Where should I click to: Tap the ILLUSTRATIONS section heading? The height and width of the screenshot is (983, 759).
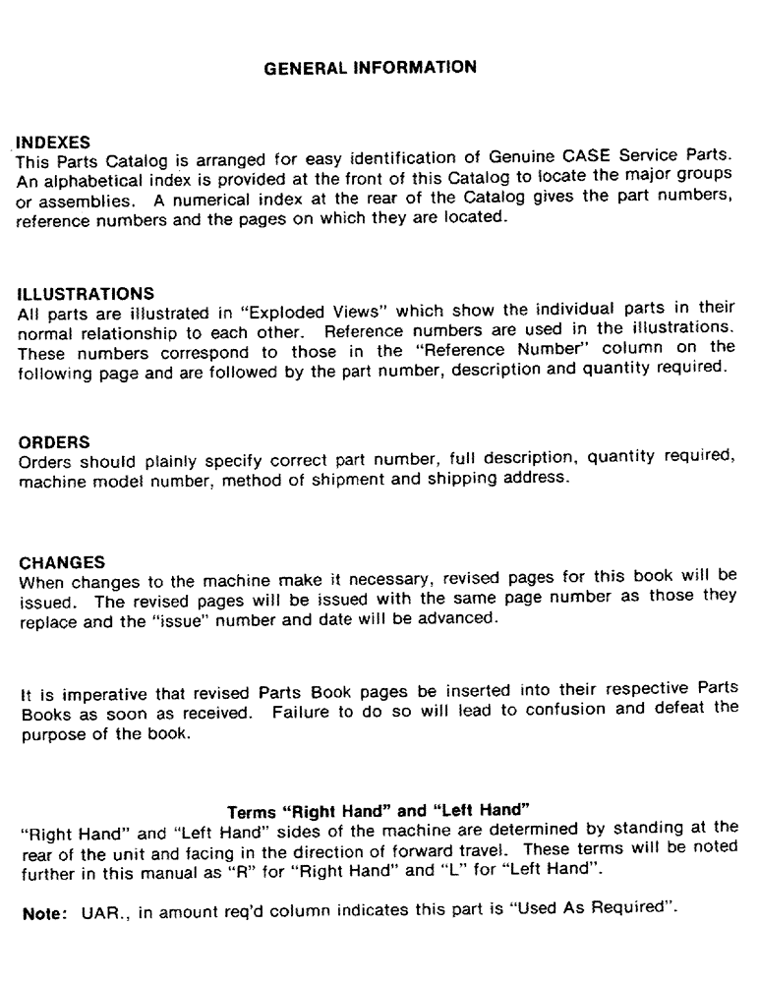(87, 293)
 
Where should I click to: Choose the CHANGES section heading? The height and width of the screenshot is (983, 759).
(61, 563)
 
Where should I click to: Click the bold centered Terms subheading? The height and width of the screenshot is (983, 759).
(379, 812)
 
